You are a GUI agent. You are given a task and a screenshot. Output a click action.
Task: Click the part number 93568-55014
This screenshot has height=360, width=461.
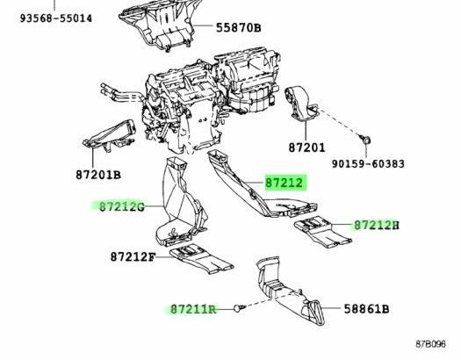pos(56,18)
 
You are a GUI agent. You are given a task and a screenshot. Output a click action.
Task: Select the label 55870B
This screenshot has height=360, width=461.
pos(239,28)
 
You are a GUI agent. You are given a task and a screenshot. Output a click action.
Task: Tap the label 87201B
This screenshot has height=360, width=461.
pos(98,175)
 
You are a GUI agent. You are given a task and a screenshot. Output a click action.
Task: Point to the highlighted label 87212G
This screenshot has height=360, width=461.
pos(122,207)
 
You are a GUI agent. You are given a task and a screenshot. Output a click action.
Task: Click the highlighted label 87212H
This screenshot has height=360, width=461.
pos(377,226)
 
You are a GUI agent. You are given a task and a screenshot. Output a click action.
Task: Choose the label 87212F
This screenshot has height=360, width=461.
pos(133,257)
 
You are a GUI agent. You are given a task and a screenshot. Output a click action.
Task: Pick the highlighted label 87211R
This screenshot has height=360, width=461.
pos(193,309)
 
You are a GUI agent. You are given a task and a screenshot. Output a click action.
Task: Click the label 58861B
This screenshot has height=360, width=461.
pos(367,309)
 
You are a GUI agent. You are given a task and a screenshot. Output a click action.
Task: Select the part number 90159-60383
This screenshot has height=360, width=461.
pos(368,164)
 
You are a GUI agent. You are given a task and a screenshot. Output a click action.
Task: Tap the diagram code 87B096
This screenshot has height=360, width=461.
pos(431,344)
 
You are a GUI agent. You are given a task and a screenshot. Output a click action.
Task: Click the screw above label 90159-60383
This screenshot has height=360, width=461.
pos(365,139)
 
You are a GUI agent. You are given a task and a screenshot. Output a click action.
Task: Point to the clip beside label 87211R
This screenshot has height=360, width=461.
pos(239,308)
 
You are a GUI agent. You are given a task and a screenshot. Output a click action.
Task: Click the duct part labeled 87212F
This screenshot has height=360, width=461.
pos(201,259)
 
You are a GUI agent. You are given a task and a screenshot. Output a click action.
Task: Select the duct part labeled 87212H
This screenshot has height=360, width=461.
pos(322,231)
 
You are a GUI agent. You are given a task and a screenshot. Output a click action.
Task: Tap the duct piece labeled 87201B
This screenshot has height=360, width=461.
pos(111,136)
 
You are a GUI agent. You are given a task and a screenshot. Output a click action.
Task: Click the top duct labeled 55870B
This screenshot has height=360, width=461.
pos(158,24)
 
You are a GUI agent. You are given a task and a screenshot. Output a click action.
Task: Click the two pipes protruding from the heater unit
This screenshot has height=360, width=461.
pos(122,93)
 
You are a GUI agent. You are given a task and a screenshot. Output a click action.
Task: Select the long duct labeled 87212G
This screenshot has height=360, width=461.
pos(180,203)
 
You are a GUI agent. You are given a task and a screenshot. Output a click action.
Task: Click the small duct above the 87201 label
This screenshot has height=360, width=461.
pos(301,104)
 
